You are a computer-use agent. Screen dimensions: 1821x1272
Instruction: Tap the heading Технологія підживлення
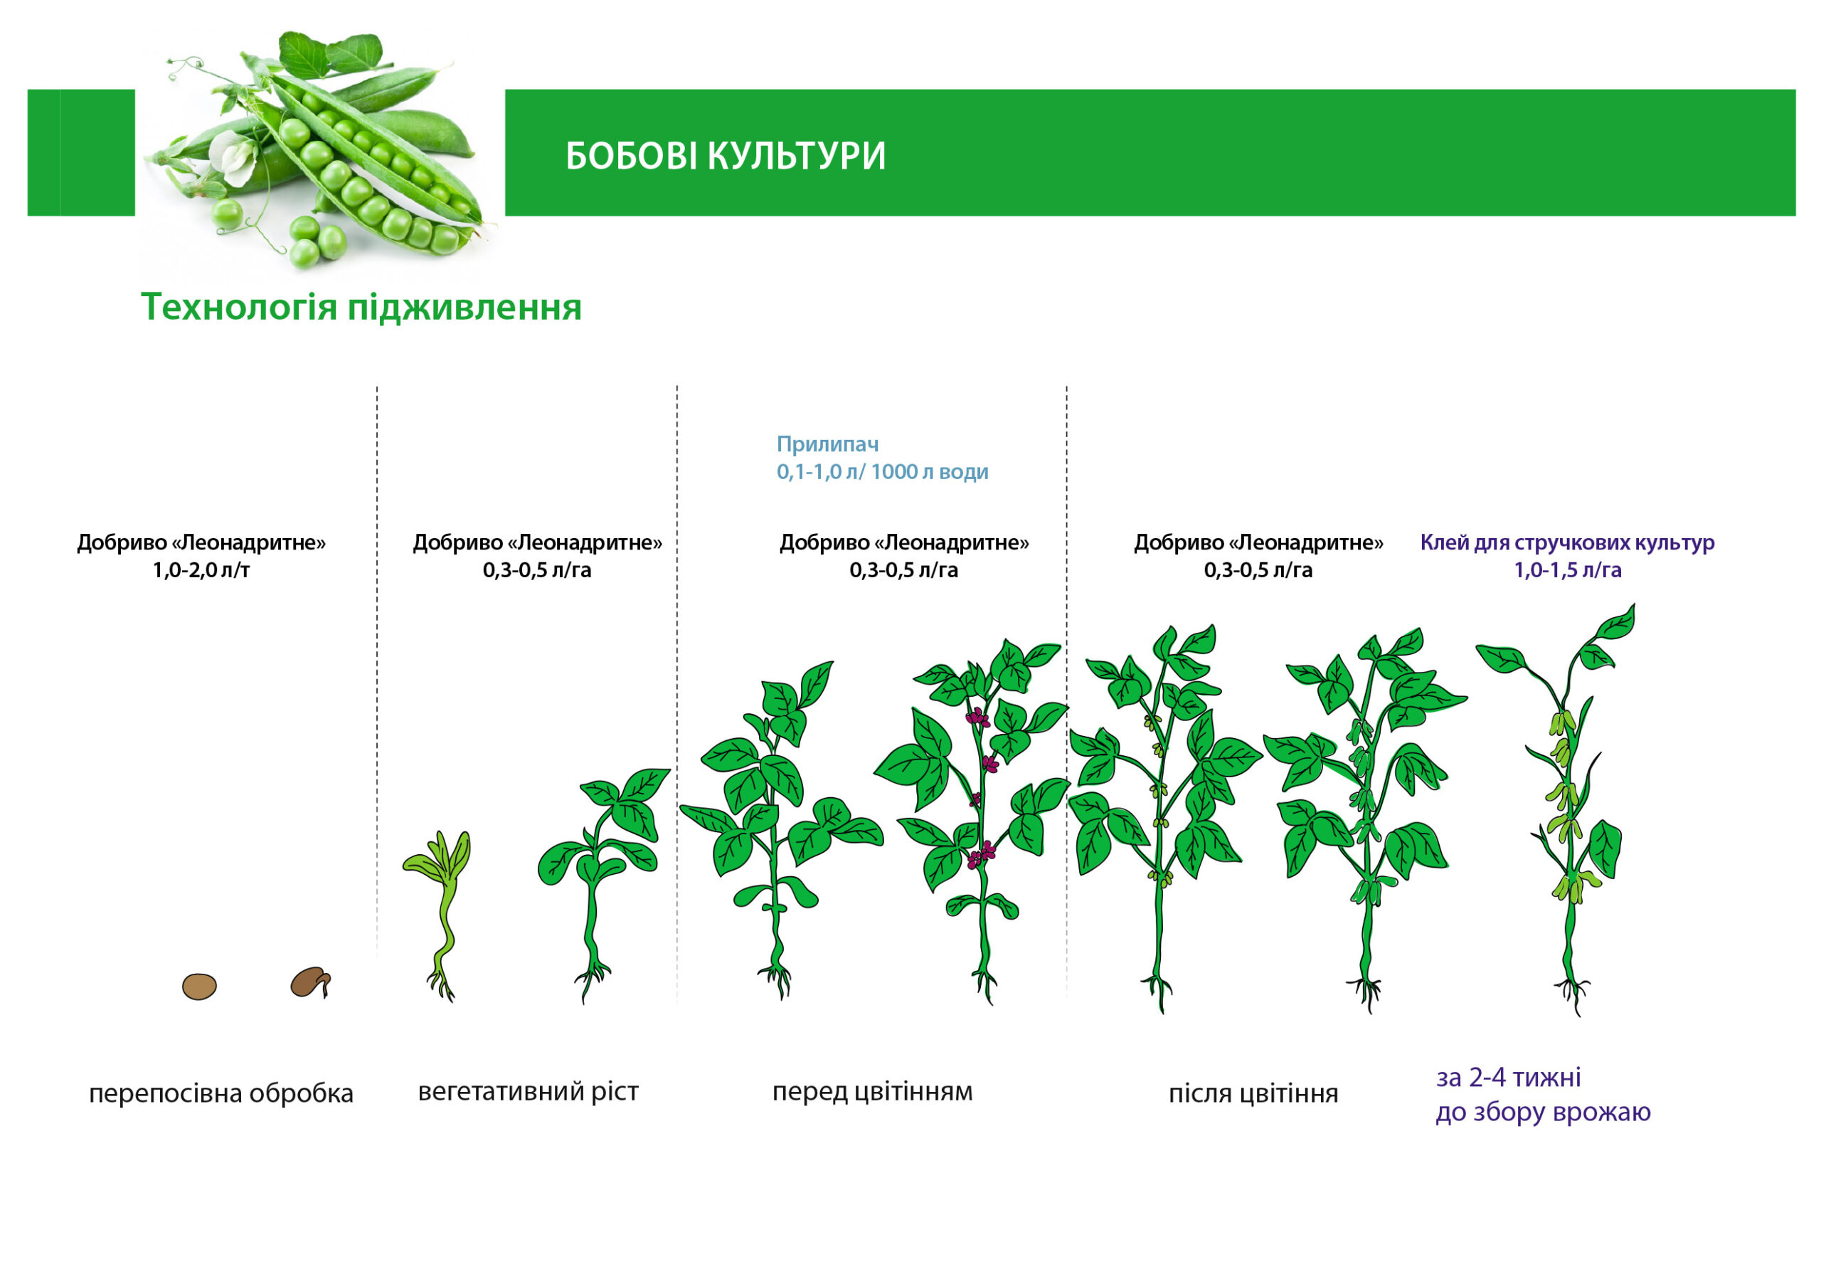[361, 307]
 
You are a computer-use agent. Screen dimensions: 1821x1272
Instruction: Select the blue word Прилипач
[827, 443]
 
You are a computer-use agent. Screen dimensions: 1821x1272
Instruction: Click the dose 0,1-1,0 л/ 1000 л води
[882, 471]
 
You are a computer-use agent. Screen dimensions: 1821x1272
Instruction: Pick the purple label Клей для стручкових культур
[1567, 543]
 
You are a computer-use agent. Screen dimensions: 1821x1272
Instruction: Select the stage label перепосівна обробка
[221, 1093]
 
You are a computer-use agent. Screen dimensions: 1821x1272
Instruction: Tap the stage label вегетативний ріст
[529, 1092]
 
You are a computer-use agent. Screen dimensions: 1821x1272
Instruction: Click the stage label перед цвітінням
[872, 1092]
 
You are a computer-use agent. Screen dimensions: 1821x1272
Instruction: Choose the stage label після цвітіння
[1253, 1093]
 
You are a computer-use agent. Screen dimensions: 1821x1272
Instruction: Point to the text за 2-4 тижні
[1509, 1078]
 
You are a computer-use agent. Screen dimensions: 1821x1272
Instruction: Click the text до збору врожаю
[1543, 1113]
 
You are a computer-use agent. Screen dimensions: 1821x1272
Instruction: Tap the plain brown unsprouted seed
[199, 987]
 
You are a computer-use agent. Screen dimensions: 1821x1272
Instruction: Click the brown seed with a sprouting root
[311, 982]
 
